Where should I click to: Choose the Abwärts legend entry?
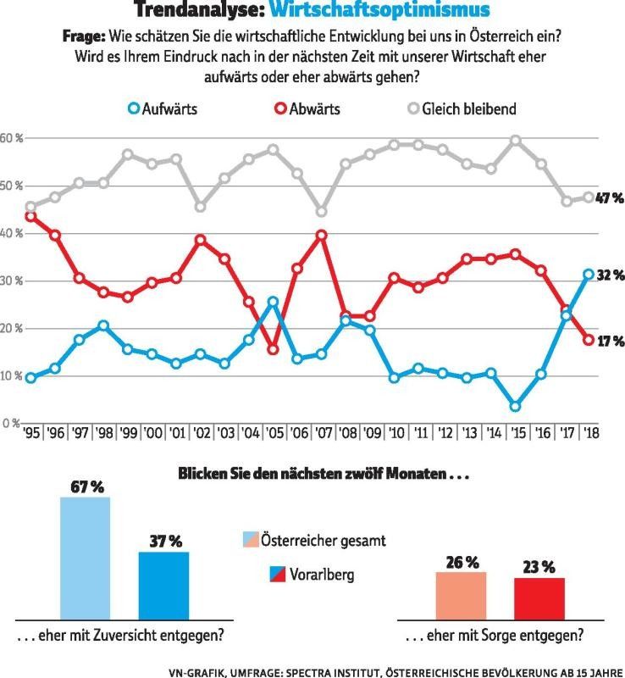pos(312,108)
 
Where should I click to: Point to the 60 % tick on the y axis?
pos(12,138)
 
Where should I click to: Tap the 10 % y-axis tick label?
pos(12,375)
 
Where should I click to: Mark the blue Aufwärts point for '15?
pos(515,407)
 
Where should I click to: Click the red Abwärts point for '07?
pos(322,235)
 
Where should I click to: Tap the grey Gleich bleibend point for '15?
pos(515,141)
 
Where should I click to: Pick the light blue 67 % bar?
pos(85,558)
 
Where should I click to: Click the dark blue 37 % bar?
pos(163,585)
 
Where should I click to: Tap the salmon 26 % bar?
pos(461,595)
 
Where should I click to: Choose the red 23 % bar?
pos(539,598)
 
